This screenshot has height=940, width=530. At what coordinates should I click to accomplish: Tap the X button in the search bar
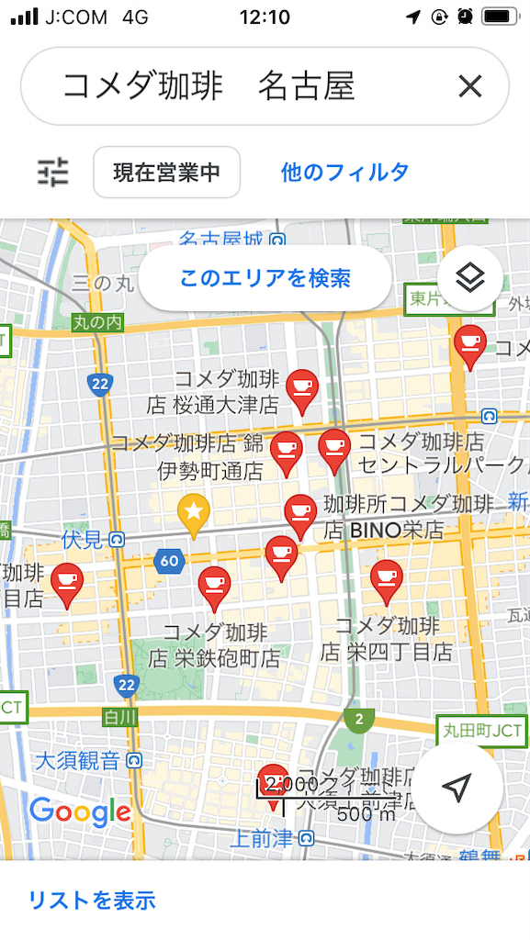470,86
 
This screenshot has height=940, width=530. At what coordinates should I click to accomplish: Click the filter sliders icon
52,172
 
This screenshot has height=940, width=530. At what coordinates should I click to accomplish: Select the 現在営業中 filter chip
166,172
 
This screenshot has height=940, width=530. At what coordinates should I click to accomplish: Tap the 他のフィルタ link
344,172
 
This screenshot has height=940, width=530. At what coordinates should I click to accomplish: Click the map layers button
469,277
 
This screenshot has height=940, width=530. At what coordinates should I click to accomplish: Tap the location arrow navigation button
457,788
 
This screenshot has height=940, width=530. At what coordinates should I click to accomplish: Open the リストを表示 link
92,901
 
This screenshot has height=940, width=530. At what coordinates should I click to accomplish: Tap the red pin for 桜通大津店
301,389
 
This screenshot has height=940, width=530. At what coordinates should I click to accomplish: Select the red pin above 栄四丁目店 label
387,580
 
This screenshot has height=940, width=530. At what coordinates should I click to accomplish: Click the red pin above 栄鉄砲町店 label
214,587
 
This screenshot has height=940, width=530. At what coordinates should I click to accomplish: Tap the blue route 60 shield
169,561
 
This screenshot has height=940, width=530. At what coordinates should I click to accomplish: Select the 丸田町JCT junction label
482,732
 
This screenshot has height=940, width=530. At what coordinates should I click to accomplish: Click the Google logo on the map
80,811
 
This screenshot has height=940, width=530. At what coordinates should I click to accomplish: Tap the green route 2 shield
359,719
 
